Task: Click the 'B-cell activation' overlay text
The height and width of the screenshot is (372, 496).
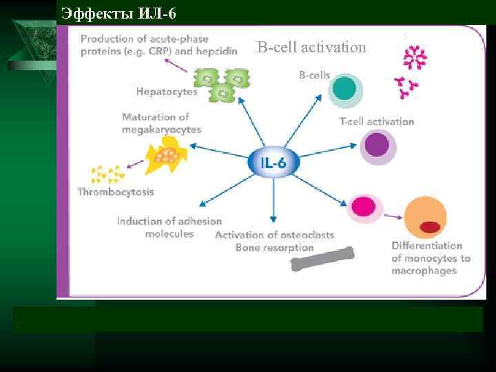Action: pos(311,47)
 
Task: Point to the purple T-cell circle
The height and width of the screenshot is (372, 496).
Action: pos(376,146)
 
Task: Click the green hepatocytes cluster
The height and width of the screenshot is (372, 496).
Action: pos(223,83)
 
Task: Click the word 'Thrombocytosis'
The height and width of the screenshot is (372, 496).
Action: pos(115,192)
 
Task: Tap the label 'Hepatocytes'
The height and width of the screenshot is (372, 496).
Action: pos(167,91)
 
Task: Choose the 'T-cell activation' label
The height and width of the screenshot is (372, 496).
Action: pos(377,121)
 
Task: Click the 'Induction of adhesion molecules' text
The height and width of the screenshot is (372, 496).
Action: pos(169,227)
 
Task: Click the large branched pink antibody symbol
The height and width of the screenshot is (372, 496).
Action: pos(415,58)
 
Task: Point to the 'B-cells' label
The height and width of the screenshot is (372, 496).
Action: pos(314,74)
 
